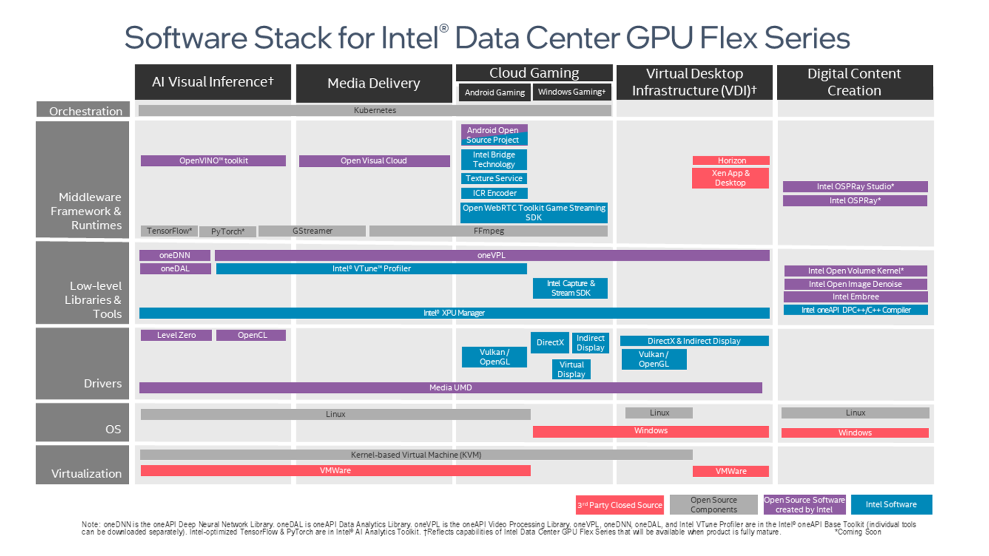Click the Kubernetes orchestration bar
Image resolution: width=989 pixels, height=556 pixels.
(x=374, y=110)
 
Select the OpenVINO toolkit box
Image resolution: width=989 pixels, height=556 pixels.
(x=213, y=161)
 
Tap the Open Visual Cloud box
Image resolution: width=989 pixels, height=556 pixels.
(x=374, y=161)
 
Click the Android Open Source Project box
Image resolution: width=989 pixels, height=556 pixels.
(x=493, y=135)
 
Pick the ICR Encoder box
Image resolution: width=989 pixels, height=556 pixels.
(x=494, y=193)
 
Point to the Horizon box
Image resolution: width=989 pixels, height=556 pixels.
(x=731, y=161)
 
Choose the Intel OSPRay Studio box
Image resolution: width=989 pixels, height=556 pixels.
(x=855, y=186)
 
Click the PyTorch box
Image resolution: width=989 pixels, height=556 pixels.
(x=228, y=231)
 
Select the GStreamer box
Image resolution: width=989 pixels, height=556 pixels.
(x=312, y=231)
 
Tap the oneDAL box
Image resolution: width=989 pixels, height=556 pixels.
(x=175, y=268)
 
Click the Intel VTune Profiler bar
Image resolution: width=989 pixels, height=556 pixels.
(x=371, y=268)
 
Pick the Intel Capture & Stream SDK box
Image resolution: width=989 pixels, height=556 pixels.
(x=570, y=288)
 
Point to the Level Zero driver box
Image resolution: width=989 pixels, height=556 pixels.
(x=176, y=335)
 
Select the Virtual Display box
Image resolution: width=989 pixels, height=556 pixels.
(x=571, y=369)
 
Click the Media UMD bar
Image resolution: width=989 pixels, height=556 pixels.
(x=450, y=388)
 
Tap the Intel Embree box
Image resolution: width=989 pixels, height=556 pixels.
(x=855, y=297)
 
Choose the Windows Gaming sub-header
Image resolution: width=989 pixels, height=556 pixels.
(x=571, y=92)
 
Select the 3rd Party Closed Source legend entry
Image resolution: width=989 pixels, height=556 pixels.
(x=620, y=505)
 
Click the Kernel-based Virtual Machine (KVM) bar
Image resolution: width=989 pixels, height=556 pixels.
(x=416, y=455)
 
